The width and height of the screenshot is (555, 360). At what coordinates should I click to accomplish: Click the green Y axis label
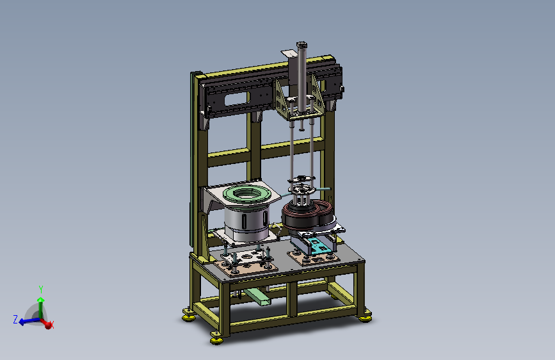coord(41,290)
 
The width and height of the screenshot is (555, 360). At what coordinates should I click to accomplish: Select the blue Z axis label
coord(15,319)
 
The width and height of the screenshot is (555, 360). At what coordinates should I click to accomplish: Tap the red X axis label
coord(52,324)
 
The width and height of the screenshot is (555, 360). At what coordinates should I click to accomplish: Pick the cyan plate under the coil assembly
coord(319,245)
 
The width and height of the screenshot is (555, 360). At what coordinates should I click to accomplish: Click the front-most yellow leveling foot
coord(216,339)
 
